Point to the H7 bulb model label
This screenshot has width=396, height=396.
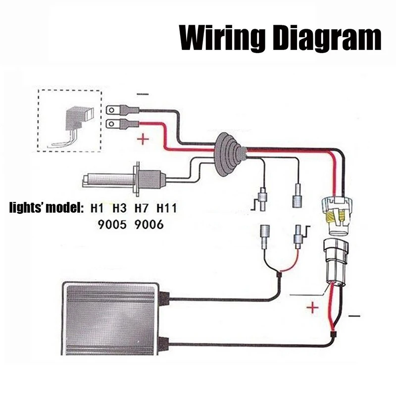pos(143,208)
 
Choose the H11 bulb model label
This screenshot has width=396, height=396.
pos(167,208)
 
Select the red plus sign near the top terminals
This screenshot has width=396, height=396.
pos(143,140)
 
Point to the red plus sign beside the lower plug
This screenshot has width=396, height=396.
pos(312,308)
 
